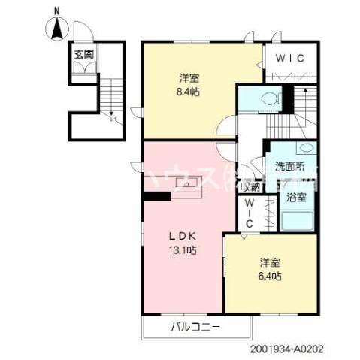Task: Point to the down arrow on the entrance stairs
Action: tap(110, 115)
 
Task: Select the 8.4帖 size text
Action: tap(189, 92)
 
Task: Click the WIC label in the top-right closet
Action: tap(289, 58)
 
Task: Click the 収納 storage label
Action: tap(250, 187)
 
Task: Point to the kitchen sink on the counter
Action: tap(183, 184)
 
